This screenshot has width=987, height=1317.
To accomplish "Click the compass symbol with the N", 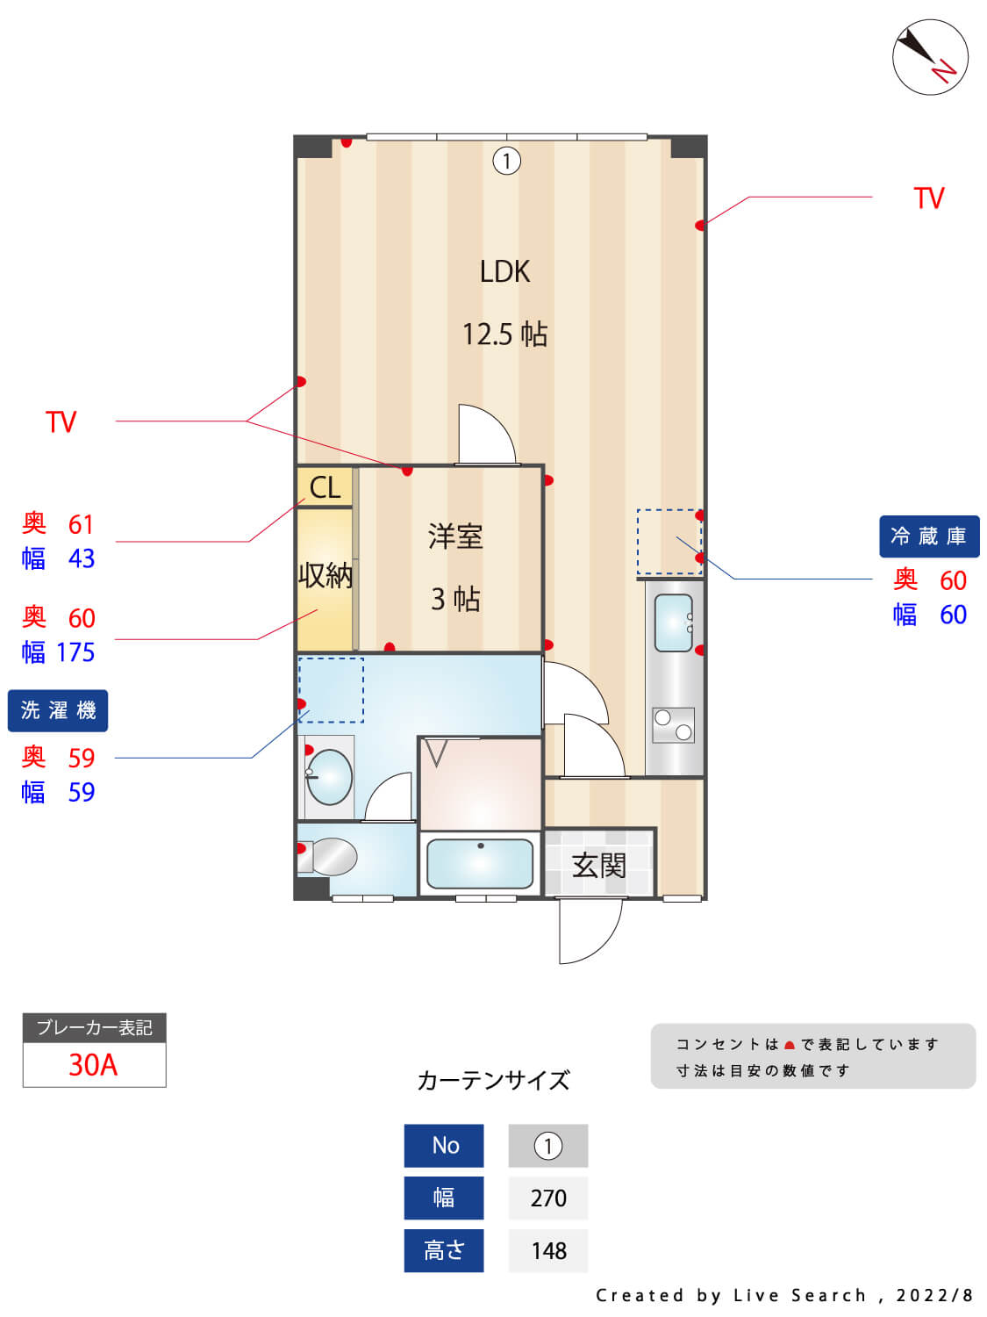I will tap(930, 57).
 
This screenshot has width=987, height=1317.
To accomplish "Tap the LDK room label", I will tap(504, 271).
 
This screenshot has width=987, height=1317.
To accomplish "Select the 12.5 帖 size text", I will tap(504, 335).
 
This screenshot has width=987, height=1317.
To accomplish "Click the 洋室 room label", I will tap(455, 536).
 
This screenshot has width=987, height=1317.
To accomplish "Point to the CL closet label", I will tap(325, 487).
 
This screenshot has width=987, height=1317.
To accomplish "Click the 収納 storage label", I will tap(325, 575).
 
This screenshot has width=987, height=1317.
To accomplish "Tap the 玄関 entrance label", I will tap(598, 866).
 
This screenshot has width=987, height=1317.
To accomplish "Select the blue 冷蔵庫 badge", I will tap(928, 536).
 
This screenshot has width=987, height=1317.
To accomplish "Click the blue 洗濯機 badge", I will tap(58, 710).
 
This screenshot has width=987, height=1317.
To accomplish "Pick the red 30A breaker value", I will tap(93, 1064).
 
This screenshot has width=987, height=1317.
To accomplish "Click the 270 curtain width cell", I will tap(548, 1198).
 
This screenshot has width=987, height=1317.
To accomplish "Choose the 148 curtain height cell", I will tap(548, 1250).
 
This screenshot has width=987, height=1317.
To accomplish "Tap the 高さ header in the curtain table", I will tap(444, 1250).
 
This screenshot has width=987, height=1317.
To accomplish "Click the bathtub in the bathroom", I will tap(480, 864).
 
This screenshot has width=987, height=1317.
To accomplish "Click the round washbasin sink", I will tap(330, 777).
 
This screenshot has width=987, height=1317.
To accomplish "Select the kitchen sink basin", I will tap(673, 623).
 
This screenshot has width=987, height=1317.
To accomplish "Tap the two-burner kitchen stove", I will tap(673, 725).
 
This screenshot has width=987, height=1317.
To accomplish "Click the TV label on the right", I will tap(928, 198).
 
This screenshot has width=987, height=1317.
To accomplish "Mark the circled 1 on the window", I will tap(506, 161).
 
